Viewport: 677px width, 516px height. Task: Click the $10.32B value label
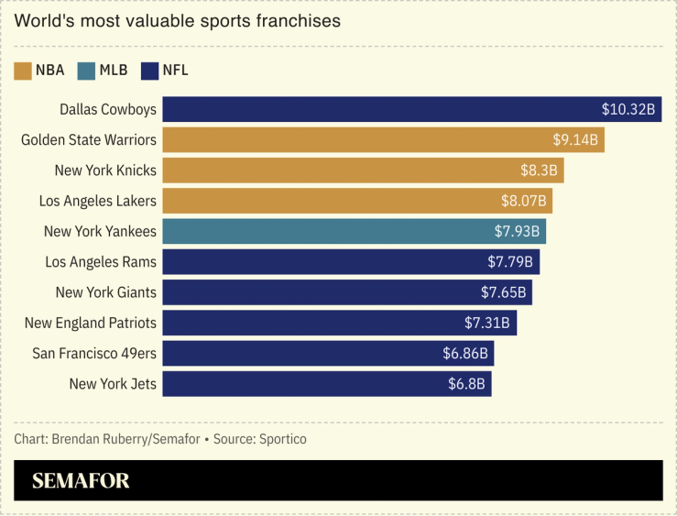628,109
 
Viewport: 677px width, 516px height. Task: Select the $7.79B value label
510,262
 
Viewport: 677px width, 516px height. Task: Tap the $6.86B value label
465,353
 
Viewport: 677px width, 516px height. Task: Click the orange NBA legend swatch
23,71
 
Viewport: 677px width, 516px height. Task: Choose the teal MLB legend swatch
86,71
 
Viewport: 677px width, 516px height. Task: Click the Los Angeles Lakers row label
97,201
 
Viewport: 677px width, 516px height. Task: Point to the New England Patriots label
90,323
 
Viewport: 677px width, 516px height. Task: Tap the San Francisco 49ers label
94,353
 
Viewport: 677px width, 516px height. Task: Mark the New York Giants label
105,292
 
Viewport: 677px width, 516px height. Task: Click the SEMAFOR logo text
81,481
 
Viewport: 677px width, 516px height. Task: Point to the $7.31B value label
487,323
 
